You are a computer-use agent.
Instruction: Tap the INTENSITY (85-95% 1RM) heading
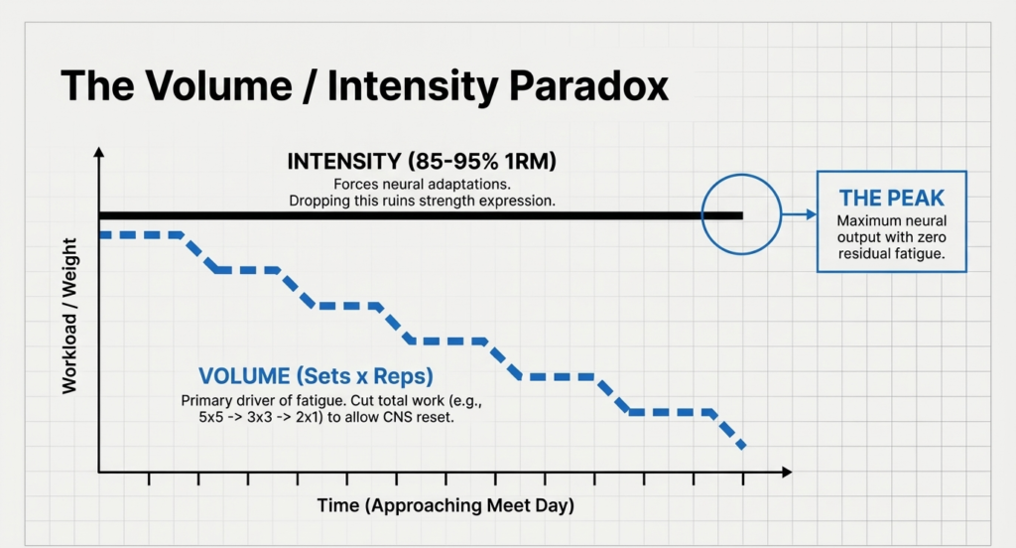(x=422, y=162)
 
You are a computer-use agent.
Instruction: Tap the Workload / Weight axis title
(x=69, y=316)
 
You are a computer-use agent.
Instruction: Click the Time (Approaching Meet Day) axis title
(x=445, y=506)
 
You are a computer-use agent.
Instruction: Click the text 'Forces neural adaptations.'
(x=422, y=184)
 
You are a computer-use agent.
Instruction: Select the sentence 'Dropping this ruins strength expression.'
(x=422, y=201)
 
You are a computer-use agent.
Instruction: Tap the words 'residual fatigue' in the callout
(x=888, y=254)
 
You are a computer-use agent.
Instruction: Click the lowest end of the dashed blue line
(x=741, y=447)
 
